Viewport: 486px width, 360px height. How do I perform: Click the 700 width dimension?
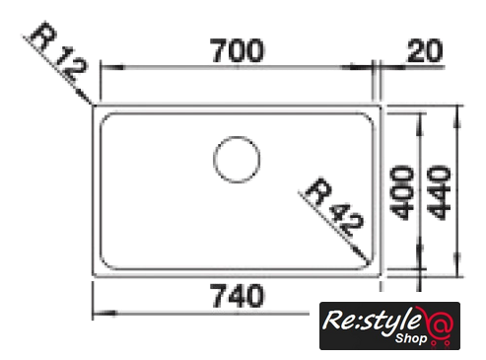click(237, 50)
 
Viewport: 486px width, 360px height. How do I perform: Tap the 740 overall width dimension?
click(237, 296)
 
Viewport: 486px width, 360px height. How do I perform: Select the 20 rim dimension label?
click(425, 50)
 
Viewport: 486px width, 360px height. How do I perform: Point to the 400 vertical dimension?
click(401, 193)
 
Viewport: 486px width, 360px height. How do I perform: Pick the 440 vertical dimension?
click(441, 193)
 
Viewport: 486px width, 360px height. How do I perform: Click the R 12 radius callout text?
click(58, 51)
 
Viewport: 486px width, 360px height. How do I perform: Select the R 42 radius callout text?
click(334, 207)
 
